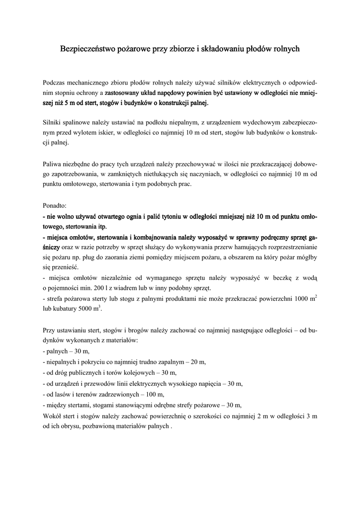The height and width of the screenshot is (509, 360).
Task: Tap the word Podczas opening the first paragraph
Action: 56,82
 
